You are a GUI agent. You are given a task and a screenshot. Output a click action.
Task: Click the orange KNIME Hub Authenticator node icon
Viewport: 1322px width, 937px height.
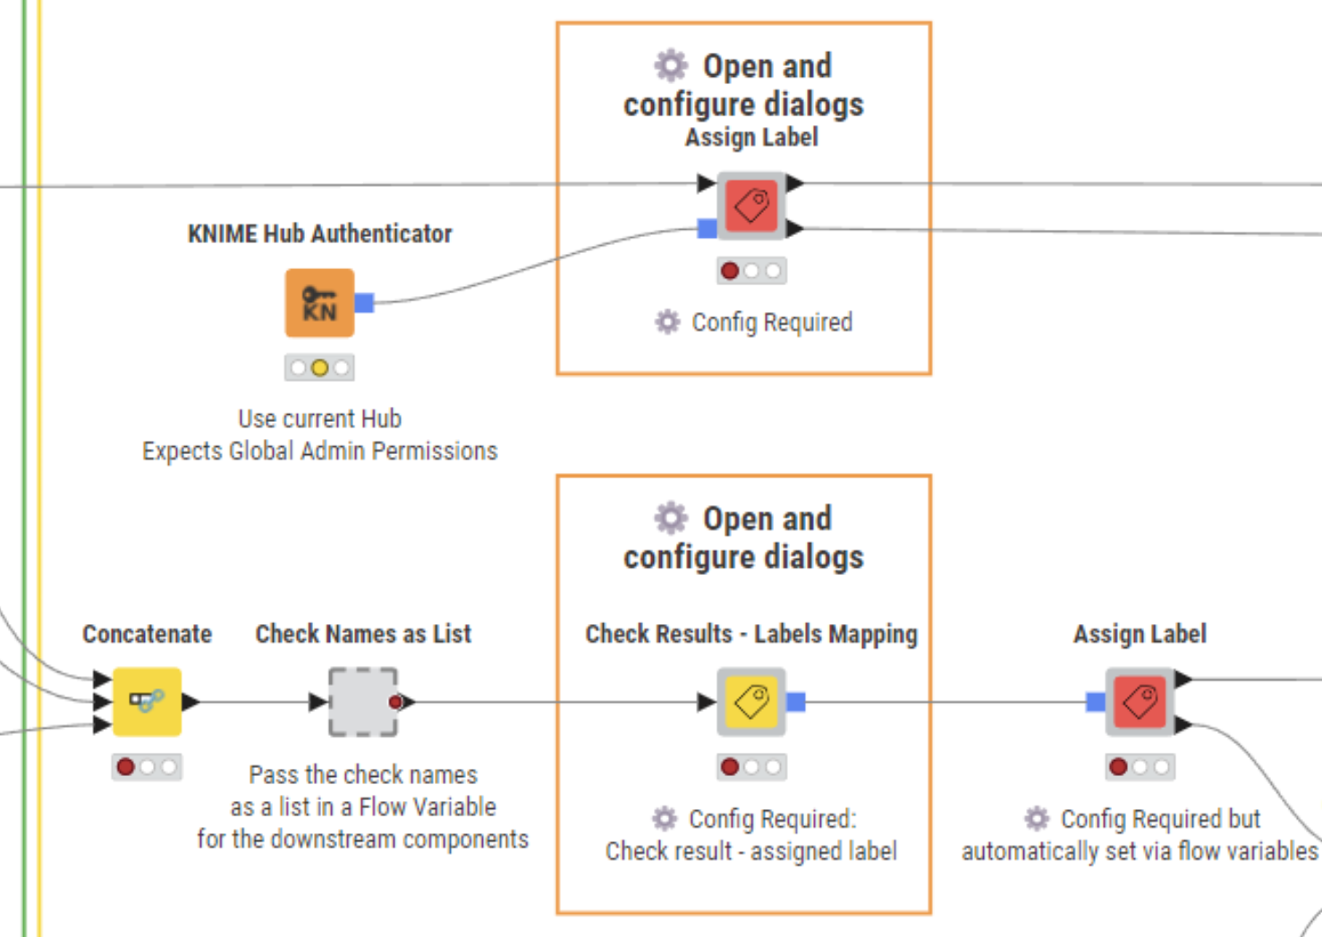319,303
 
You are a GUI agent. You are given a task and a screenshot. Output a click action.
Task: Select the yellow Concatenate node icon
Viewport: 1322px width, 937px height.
147,702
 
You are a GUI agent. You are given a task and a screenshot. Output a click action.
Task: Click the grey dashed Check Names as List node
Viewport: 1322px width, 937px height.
362,702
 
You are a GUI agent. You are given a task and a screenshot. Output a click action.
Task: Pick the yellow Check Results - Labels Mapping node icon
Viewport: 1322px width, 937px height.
751,702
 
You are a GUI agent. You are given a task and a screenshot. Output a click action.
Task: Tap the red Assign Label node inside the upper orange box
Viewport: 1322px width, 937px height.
751,206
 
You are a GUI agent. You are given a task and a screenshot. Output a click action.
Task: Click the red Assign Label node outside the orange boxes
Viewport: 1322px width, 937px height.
1140,702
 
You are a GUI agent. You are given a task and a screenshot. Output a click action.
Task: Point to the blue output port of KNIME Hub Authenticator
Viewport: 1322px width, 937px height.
364,303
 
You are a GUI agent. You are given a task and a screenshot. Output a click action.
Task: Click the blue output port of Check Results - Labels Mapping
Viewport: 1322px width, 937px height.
796,702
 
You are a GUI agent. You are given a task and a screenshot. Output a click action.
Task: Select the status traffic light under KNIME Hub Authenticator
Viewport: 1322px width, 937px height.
319,367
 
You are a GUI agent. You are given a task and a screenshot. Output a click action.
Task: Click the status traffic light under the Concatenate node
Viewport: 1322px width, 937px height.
147,767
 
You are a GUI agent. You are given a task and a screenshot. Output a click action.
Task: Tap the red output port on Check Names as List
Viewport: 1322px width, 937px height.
396,702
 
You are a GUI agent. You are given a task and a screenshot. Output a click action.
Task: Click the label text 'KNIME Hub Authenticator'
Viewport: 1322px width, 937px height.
319,234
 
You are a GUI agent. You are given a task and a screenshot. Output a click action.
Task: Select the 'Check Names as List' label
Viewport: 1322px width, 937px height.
363,634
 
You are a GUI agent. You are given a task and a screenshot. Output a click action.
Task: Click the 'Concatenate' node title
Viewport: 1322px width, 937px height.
147,634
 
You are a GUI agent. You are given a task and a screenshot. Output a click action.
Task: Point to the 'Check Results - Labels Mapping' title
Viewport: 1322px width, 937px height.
751,634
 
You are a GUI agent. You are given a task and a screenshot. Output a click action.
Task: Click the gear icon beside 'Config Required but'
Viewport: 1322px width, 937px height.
1037,818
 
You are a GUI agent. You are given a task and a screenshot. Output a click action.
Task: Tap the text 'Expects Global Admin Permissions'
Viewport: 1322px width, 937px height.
319,451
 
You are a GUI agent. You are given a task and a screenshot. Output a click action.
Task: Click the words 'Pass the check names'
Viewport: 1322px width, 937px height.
363,774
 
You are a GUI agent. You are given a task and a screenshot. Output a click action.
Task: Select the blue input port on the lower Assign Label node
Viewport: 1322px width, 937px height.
1095,702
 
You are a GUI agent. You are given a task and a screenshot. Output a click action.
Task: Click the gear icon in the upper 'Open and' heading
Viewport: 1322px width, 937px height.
671,65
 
